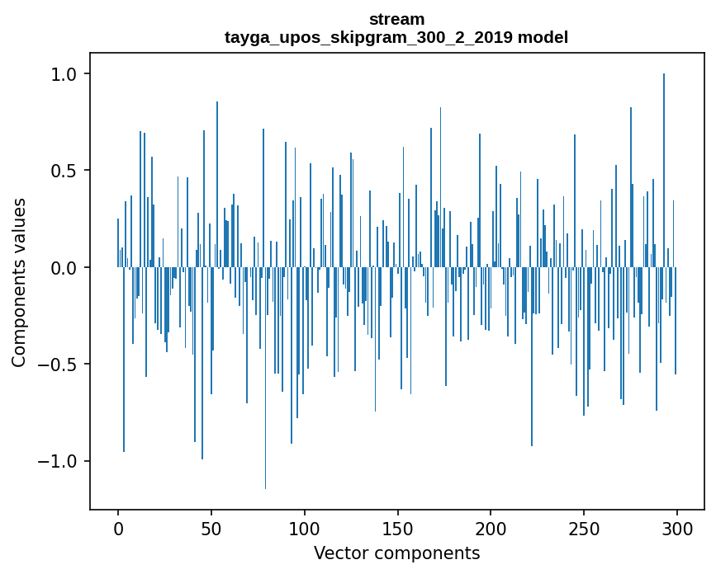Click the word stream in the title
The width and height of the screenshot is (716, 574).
click(396, 19)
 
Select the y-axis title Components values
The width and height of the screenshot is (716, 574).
click(19, 282)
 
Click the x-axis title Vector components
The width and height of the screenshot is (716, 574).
click(396, 553)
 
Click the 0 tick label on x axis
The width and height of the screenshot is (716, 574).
click(118, 528)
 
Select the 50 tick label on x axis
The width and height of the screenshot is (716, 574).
click(211, 528)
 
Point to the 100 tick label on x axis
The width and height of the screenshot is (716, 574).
click(305, 528)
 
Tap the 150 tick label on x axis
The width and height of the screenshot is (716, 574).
click(398, 528)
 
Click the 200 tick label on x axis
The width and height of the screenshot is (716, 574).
click(491, 528)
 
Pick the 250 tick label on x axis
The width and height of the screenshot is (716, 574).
click(584, 528)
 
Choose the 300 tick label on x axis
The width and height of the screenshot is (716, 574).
click(677, 528)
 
